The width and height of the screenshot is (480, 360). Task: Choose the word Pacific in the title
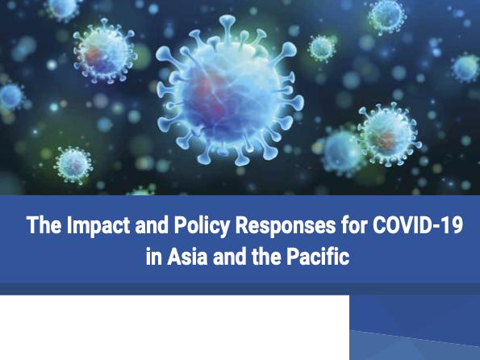pos(320,260)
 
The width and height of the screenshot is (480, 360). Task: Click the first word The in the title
pos(40,226)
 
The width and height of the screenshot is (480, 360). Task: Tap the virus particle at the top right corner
pos(387,16)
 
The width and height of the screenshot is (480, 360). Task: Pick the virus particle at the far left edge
pos(10,97)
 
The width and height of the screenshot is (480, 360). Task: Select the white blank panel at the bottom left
pos(173,327)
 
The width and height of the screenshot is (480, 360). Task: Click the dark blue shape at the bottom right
pos(415,327)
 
